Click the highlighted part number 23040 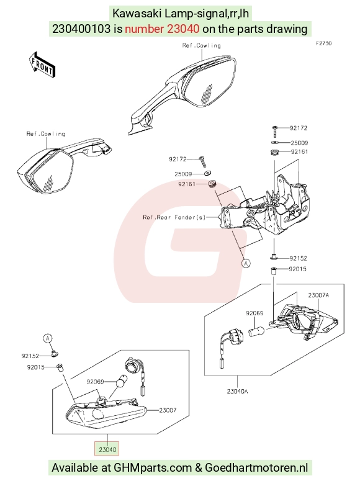[x=107, y=449]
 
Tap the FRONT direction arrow [x=42, y=65]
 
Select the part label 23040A [x=238, y=391]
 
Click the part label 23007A [x=318, y=295]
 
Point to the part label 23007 [x=168, y=410]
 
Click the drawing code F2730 [x=324, y=43]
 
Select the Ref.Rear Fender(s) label [x=174, y=217]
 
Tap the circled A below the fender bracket [x=246, y=263]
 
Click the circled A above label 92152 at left [x=47, y=338]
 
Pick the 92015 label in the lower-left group [x=36, y=367]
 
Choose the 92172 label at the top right [x=299, y=128]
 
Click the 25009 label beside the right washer [x=299, y=143]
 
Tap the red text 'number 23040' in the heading [x=162, y=29]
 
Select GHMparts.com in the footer [x=153, y=468]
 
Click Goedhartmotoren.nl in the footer [x=256, y=468]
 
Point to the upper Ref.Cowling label [x=201, y=45]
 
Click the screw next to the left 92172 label [x=202, y=161]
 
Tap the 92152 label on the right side [x=299, y=258]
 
